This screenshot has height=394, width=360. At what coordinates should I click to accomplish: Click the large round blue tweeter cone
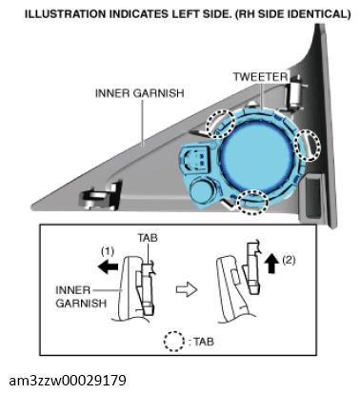(254, 153)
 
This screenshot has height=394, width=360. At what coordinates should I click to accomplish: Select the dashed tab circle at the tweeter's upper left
(223, 123)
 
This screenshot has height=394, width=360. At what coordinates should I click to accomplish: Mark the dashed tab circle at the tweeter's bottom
(251, 201)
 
